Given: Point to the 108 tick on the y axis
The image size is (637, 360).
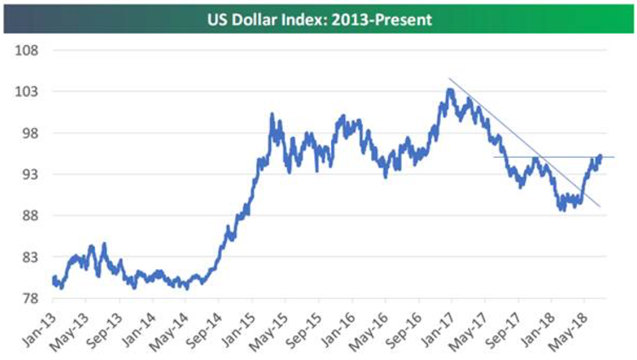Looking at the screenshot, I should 27,50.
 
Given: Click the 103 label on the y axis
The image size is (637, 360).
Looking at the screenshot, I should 27,92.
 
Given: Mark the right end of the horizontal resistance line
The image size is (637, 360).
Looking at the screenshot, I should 613,157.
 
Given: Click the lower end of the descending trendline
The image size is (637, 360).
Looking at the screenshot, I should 600,206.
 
